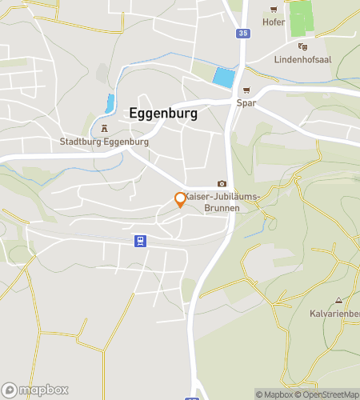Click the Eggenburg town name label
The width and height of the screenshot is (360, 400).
pos(163,114)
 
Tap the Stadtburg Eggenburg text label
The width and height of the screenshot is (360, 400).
pos(104,142)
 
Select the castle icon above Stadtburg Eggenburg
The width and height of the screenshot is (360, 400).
pos(104,129)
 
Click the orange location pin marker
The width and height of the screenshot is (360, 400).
pos(180,200)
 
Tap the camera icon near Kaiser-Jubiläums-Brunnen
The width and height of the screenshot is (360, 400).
pos(222,183)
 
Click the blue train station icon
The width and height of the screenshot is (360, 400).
pos(139,240)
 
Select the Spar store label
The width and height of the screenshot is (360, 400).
pos(246,103)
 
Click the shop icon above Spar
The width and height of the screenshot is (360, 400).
pos(246,90)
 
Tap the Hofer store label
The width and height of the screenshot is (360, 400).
pos(274,22)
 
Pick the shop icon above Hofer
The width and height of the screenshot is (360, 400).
pos(274,10)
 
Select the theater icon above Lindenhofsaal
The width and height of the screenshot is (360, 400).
pos(302,47)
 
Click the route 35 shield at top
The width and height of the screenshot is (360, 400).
pos(242,34)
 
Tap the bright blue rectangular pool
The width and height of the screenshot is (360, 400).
pos(224,78)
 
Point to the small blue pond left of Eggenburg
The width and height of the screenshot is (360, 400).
pos(110,102)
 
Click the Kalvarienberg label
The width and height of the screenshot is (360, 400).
pos(334,314)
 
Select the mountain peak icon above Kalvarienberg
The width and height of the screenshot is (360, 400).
pos(338,301)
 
